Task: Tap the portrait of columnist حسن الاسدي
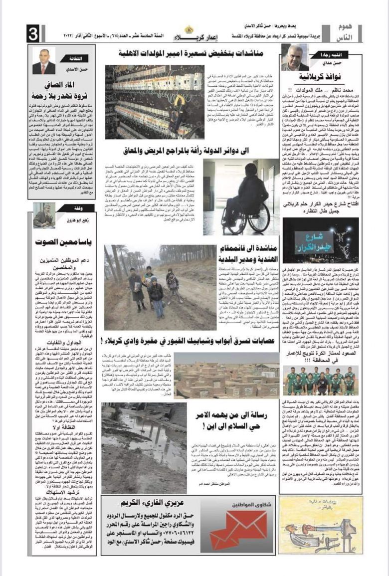pos(44,61)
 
